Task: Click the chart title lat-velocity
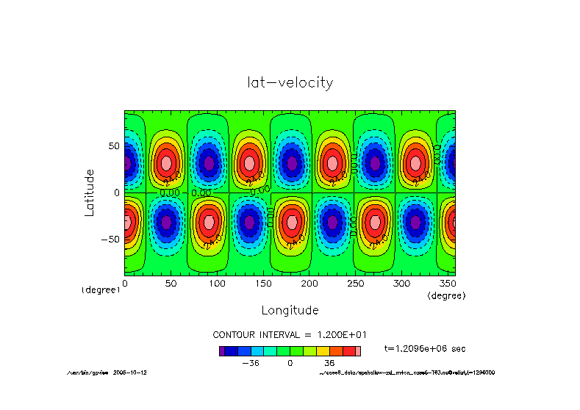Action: tap(290, 82)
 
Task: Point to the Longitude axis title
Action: tap(290, 309)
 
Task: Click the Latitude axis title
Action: tap(90, 192)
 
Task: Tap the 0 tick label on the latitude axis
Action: tap(116, 193)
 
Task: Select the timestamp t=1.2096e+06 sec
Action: tap(425, 348)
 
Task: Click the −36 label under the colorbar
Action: tap(251, 363)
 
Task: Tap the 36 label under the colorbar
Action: tap(329, 363)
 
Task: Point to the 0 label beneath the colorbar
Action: tap(290, 363)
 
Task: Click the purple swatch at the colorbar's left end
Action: tap(222, 351)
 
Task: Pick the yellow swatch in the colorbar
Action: tap(322, 351)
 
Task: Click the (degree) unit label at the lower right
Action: tap(446, 295)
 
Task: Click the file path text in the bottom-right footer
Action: tap(407, 373)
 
